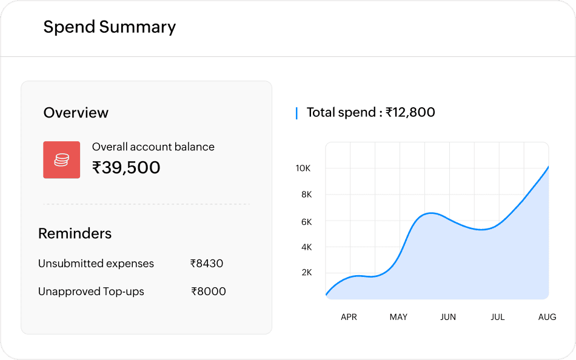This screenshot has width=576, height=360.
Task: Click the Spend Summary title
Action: tap(110, 27)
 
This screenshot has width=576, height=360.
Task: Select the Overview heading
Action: tap(76, 113)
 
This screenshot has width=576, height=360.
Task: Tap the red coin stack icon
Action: tap(61, 160)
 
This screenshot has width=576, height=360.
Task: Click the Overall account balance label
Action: tap(153, 147)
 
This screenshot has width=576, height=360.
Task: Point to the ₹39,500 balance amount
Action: tap(126, 167)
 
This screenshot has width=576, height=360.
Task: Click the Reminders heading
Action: tap(75, 233)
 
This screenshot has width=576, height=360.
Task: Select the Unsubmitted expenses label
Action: tap(96, 264)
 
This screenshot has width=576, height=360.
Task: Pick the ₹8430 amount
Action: tap(207, 264)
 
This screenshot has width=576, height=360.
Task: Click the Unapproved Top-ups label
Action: tap(91, 292)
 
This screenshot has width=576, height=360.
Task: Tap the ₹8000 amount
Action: tap(209, 292)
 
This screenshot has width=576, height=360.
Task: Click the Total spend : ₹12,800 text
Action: tap(370, 112)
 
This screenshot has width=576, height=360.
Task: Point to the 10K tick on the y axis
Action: tap(303, 168)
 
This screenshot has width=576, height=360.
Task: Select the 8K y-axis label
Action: tap(306, 195)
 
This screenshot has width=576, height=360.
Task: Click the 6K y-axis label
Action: tap(306, 222)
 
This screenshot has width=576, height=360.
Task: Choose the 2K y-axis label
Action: tap(306, 272)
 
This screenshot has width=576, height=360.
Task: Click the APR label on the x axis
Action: tap(349, 317)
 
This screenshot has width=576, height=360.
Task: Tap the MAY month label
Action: tap(398, 317)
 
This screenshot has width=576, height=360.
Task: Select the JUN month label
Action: tap(448, 317)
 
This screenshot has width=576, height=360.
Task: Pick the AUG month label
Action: tap(547, 317)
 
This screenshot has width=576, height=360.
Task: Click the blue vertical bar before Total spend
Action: tap(296, 113)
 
